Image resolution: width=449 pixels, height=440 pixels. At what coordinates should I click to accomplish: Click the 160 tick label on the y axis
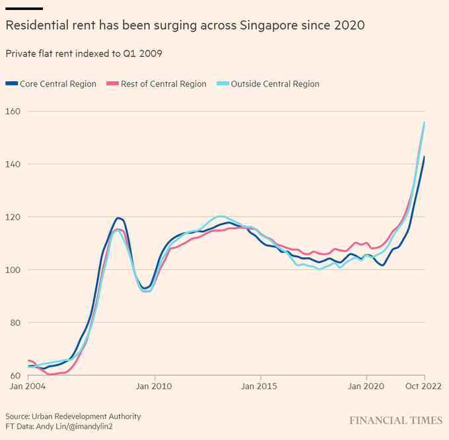pos(13,111)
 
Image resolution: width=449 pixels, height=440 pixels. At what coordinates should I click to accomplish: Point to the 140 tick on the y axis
pos(13,164)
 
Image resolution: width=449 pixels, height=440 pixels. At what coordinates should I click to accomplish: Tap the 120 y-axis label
pos(13,217)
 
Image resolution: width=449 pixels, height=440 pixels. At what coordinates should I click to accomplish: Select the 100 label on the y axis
pos(13,270)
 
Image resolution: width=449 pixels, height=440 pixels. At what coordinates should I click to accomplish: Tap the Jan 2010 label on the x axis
pos(155,386)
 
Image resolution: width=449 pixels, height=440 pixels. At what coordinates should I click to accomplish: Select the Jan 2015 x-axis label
pos(258,386)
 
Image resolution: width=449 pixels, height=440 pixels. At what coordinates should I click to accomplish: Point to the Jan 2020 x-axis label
pos(365,386)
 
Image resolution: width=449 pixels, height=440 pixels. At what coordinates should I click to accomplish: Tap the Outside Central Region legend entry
pos(275,84)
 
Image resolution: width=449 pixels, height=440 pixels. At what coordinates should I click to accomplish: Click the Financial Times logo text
pos(396,420)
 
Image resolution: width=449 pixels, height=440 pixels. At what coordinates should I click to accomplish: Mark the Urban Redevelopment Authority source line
pos(73,416)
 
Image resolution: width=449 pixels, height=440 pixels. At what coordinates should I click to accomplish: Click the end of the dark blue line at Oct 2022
pos(424,157)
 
